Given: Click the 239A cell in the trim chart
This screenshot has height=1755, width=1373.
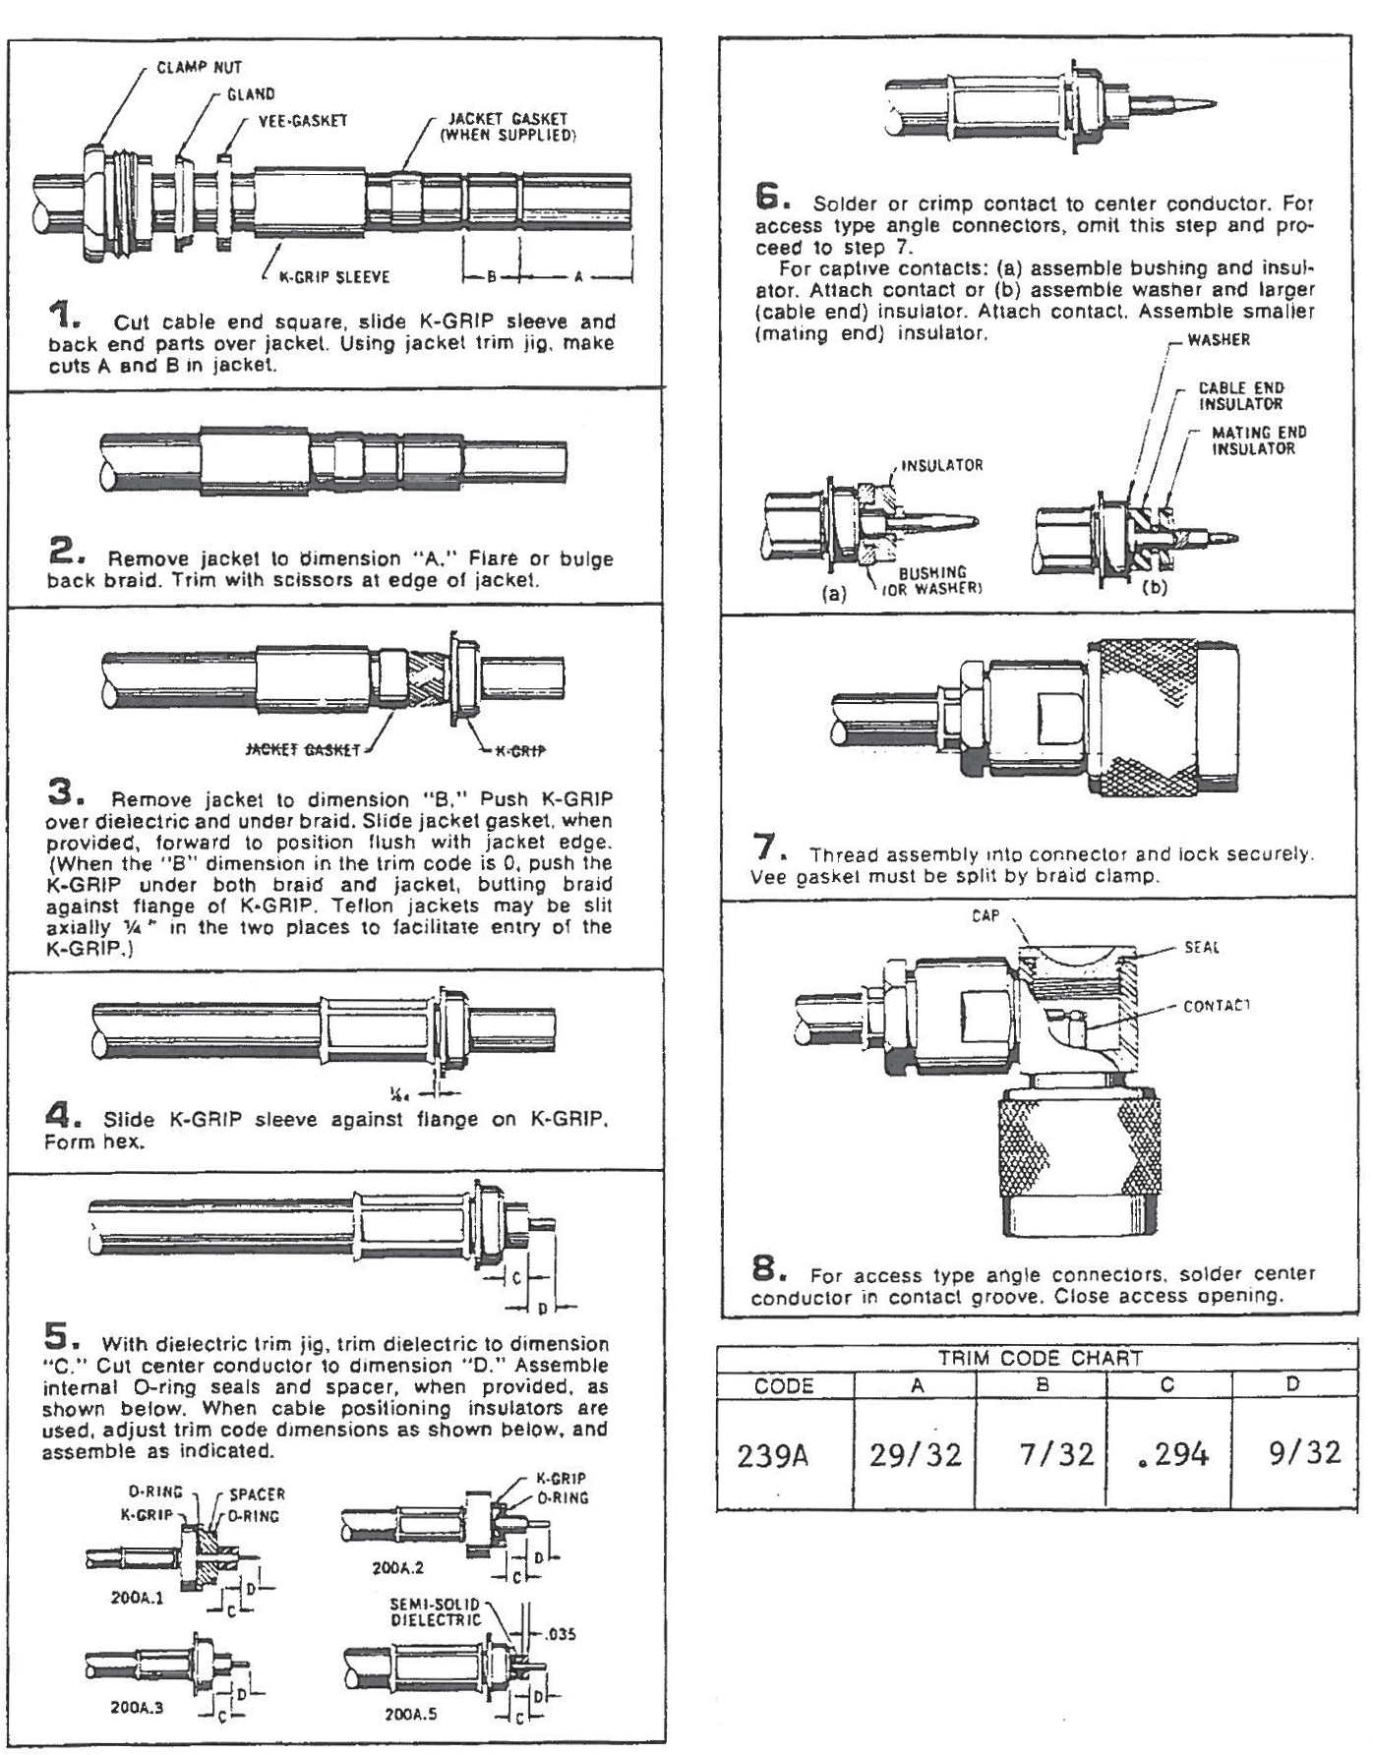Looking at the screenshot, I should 773,1454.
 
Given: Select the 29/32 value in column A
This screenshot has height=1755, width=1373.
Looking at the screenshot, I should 915,1454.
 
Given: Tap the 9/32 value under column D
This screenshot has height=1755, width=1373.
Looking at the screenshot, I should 1303,1452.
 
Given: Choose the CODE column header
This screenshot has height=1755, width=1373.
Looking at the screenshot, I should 784,1386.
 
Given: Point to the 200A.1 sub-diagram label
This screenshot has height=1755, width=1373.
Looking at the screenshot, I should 137,1598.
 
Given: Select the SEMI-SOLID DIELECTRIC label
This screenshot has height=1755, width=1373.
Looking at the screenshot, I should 435,1611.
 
